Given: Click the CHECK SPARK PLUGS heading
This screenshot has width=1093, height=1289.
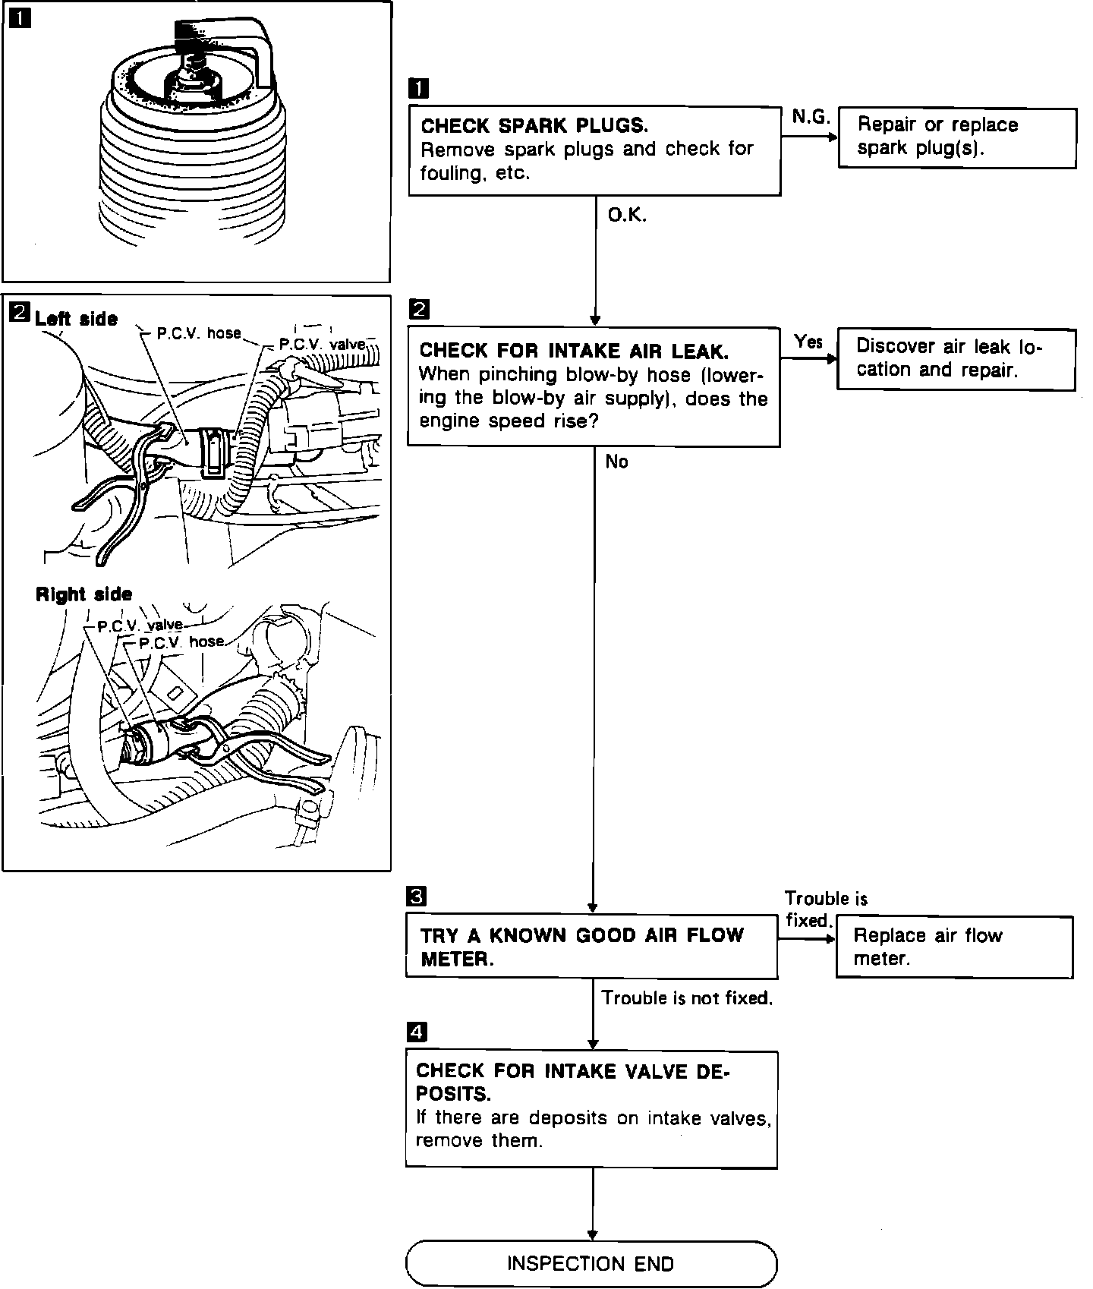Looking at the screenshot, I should [534, 125].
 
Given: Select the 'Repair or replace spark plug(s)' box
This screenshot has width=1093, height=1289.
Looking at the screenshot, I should [957, 137].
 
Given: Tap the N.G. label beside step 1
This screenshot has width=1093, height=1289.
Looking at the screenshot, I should [811, 117].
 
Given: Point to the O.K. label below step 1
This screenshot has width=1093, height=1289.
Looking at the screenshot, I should [627, 216].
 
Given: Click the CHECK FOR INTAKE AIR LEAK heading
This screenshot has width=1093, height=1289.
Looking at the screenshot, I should [574, 351].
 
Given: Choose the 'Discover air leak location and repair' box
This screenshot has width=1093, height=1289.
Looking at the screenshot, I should [956, 359].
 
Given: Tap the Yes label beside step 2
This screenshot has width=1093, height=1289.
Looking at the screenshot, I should [808, 342].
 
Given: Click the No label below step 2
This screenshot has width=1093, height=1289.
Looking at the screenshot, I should [616, 462].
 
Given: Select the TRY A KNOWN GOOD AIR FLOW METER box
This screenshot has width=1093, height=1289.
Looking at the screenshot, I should [591, 947].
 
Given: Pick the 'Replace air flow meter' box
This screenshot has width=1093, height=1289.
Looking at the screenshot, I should [954, 947].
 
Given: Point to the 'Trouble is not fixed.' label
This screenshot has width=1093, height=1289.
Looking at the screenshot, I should [687, 998].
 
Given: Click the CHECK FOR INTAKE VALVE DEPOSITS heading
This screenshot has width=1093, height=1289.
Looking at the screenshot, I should [572, 1082].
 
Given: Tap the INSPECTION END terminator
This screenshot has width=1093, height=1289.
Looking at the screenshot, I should [591, 1263].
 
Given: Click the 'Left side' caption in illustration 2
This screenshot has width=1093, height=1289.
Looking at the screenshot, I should [76, 319].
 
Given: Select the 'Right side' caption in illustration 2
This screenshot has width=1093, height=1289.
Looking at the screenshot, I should [83, 594].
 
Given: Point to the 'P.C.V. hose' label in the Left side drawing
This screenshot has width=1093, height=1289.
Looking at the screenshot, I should [198, 333].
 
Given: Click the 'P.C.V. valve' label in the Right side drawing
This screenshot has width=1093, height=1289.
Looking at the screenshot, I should [140, 626].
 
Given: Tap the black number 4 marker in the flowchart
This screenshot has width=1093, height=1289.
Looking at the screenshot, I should [417, 1032].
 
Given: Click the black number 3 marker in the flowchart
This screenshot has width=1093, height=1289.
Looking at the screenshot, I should [417, 897].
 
